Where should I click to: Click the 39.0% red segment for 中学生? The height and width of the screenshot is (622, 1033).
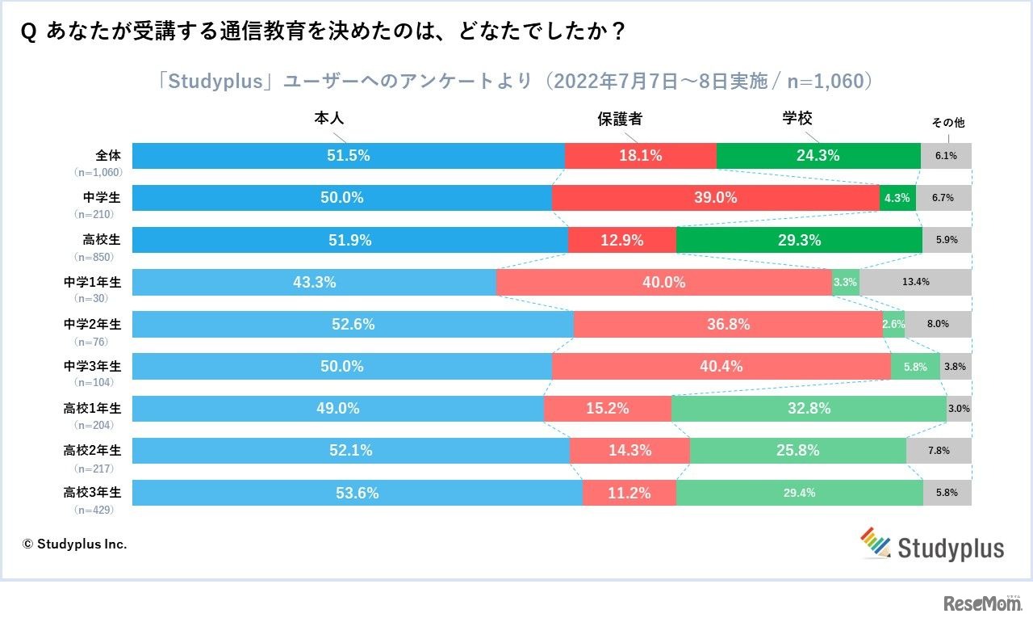pos(716,198)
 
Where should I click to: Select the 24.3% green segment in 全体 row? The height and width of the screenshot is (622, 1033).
pos(818,156)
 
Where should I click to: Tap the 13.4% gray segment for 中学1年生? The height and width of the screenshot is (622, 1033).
pos(915,282)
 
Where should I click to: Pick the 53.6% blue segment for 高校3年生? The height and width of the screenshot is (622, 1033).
pos(357,493)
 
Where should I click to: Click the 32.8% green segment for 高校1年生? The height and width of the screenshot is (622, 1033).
pos(809,409)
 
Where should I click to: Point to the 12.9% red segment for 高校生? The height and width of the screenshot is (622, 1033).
pos(622,240)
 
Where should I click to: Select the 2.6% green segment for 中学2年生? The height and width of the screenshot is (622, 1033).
pos(893,324)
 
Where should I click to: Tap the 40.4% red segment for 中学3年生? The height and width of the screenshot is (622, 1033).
pos(721,366)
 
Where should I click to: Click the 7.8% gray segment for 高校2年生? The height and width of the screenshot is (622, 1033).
pos(939,451)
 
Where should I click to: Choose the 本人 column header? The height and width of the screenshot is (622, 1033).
pos(328,119)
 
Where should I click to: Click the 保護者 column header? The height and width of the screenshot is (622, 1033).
pos(620,119)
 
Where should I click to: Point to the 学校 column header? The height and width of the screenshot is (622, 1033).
pos(797,119)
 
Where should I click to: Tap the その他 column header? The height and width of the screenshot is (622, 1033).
pos(947,124)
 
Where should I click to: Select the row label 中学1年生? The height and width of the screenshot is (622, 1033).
pos(92,282)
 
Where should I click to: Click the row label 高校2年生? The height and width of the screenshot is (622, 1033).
pos(92,450)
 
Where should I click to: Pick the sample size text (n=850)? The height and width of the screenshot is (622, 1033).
pos(91,257)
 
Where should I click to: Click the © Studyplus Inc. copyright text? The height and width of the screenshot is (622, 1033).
pos(74,544)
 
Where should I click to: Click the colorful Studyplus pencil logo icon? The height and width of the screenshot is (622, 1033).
pos(874,542)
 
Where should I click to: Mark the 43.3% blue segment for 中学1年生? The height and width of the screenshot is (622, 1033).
pos(314,282)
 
